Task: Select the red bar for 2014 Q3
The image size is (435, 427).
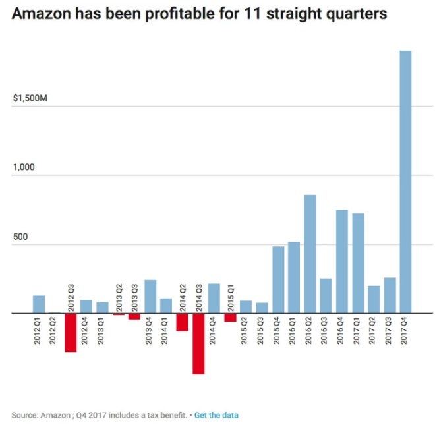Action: coord(198,343)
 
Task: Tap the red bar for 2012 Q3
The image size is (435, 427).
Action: coord(71,333)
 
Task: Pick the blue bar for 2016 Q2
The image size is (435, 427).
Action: coord(310,254)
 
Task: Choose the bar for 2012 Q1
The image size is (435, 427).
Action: coord(39,304)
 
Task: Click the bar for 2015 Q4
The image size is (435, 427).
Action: coord(278,280)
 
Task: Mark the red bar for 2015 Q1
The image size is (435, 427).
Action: coord(230,318)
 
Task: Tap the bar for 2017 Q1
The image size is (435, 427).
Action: coord(358,263)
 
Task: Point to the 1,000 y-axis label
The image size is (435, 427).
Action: coord(23,167)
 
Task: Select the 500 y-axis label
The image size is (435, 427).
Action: coord(20,237)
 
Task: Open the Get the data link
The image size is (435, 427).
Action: coord(216,415)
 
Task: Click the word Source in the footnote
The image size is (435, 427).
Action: coord(23,415)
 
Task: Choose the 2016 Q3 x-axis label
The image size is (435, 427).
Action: coord(326,331)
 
